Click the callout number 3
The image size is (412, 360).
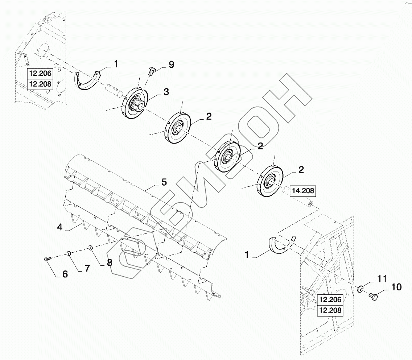[166, 92]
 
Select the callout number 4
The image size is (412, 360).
[60, 227]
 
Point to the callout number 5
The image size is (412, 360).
[164, 182]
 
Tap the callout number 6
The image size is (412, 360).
[65, 274]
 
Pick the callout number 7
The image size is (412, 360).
[87, 268]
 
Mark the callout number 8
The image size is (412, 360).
[110, 262]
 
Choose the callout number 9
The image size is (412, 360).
[171, 64]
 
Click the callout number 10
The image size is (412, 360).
[396, 287]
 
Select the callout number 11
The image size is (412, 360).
[382, 279]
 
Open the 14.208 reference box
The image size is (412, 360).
[303, 191]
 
